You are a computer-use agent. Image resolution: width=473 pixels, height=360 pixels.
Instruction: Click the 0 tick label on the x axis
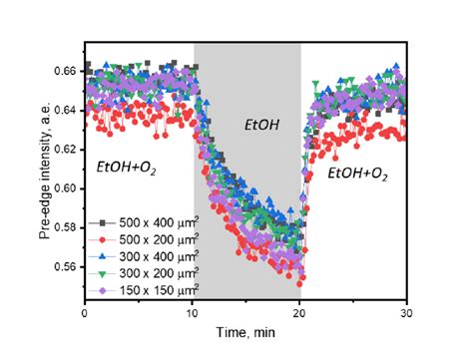tap(86, 314)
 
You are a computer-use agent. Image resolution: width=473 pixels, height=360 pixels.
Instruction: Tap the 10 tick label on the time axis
tap(193, 314)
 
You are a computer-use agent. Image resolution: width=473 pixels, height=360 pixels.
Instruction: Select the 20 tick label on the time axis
tap(300, 314)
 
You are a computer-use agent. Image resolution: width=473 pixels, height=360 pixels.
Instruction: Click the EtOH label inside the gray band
tap(261, 126)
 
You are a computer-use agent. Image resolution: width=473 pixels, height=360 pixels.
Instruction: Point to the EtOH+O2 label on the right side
tap(357, 174)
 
